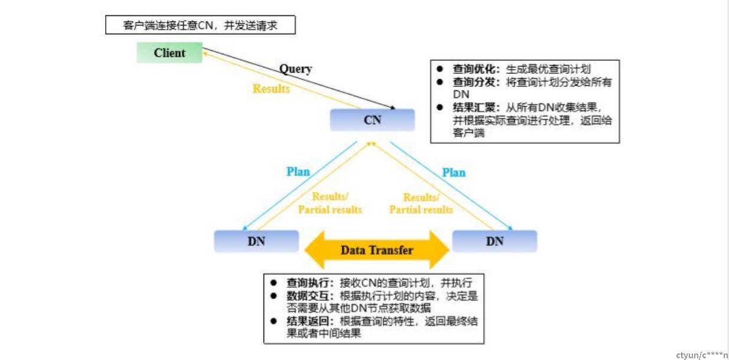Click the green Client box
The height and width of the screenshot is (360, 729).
pyautogui.click(x=169, y=53)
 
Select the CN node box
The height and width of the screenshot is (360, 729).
pyautogui.click(x=372, y=120)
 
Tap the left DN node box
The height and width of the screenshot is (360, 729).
pyautogui.click(x=256, y=241)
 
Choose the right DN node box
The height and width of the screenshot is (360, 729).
pyautogui.click(x=494, y=241)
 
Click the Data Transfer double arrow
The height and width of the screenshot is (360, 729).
pyautogui.click(x=377, y=250)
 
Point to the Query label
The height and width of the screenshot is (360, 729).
pyautogui.click(x=295, y=69)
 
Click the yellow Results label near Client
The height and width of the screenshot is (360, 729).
pyautogui.click(x=271, y=89)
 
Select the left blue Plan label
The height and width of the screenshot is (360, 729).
pyautogui.click(x=298, y=171)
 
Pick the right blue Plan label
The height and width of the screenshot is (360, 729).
pyautogui.click(x=454, y=173)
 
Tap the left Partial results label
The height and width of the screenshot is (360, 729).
pyautogui.click(x=330, y=209)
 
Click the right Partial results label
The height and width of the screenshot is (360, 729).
pyautogui.click(x=421, y=209)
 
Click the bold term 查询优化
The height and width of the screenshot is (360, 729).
pyautogui.click(x=474, y=69)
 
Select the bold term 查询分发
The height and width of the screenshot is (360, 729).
pyautogui.click(x=474, y=82)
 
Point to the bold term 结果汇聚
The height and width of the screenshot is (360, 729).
pyautogui.click(x=474, y=108)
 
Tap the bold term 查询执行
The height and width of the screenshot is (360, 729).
pyautogui.click(x=308, y=283)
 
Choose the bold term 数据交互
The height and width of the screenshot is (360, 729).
pyautogui.click(x=308, y=296)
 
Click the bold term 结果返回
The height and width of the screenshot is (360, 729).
pyautogui.click(x=308, y=321)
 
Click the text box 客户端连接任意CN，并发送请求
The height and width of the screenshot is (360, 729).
pyautogui.click(x=200, y=25)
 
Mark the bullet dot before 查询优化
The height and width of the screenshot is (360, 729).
pyautogui.click(x=440, y=69)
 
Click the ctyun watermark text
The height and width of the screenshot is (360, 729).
pyautogui.click(x=702, y=355)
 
